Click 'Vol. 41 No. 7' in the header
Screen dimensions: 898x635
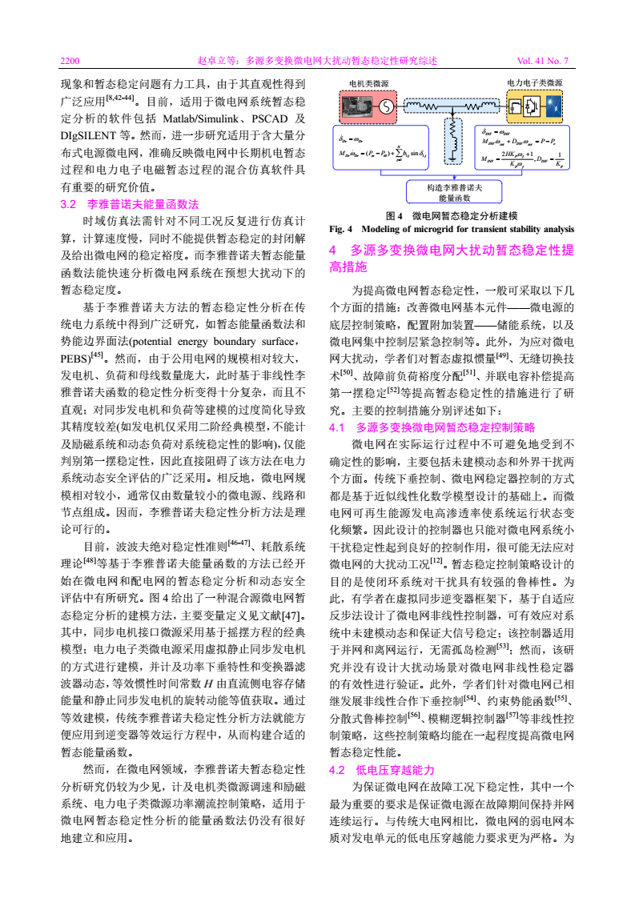tap(542, 61)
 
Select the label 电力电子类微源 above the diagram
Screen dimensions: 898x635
tap(535, 82)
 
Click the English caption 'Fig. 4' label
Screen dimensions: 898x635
tap(342, 229)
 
